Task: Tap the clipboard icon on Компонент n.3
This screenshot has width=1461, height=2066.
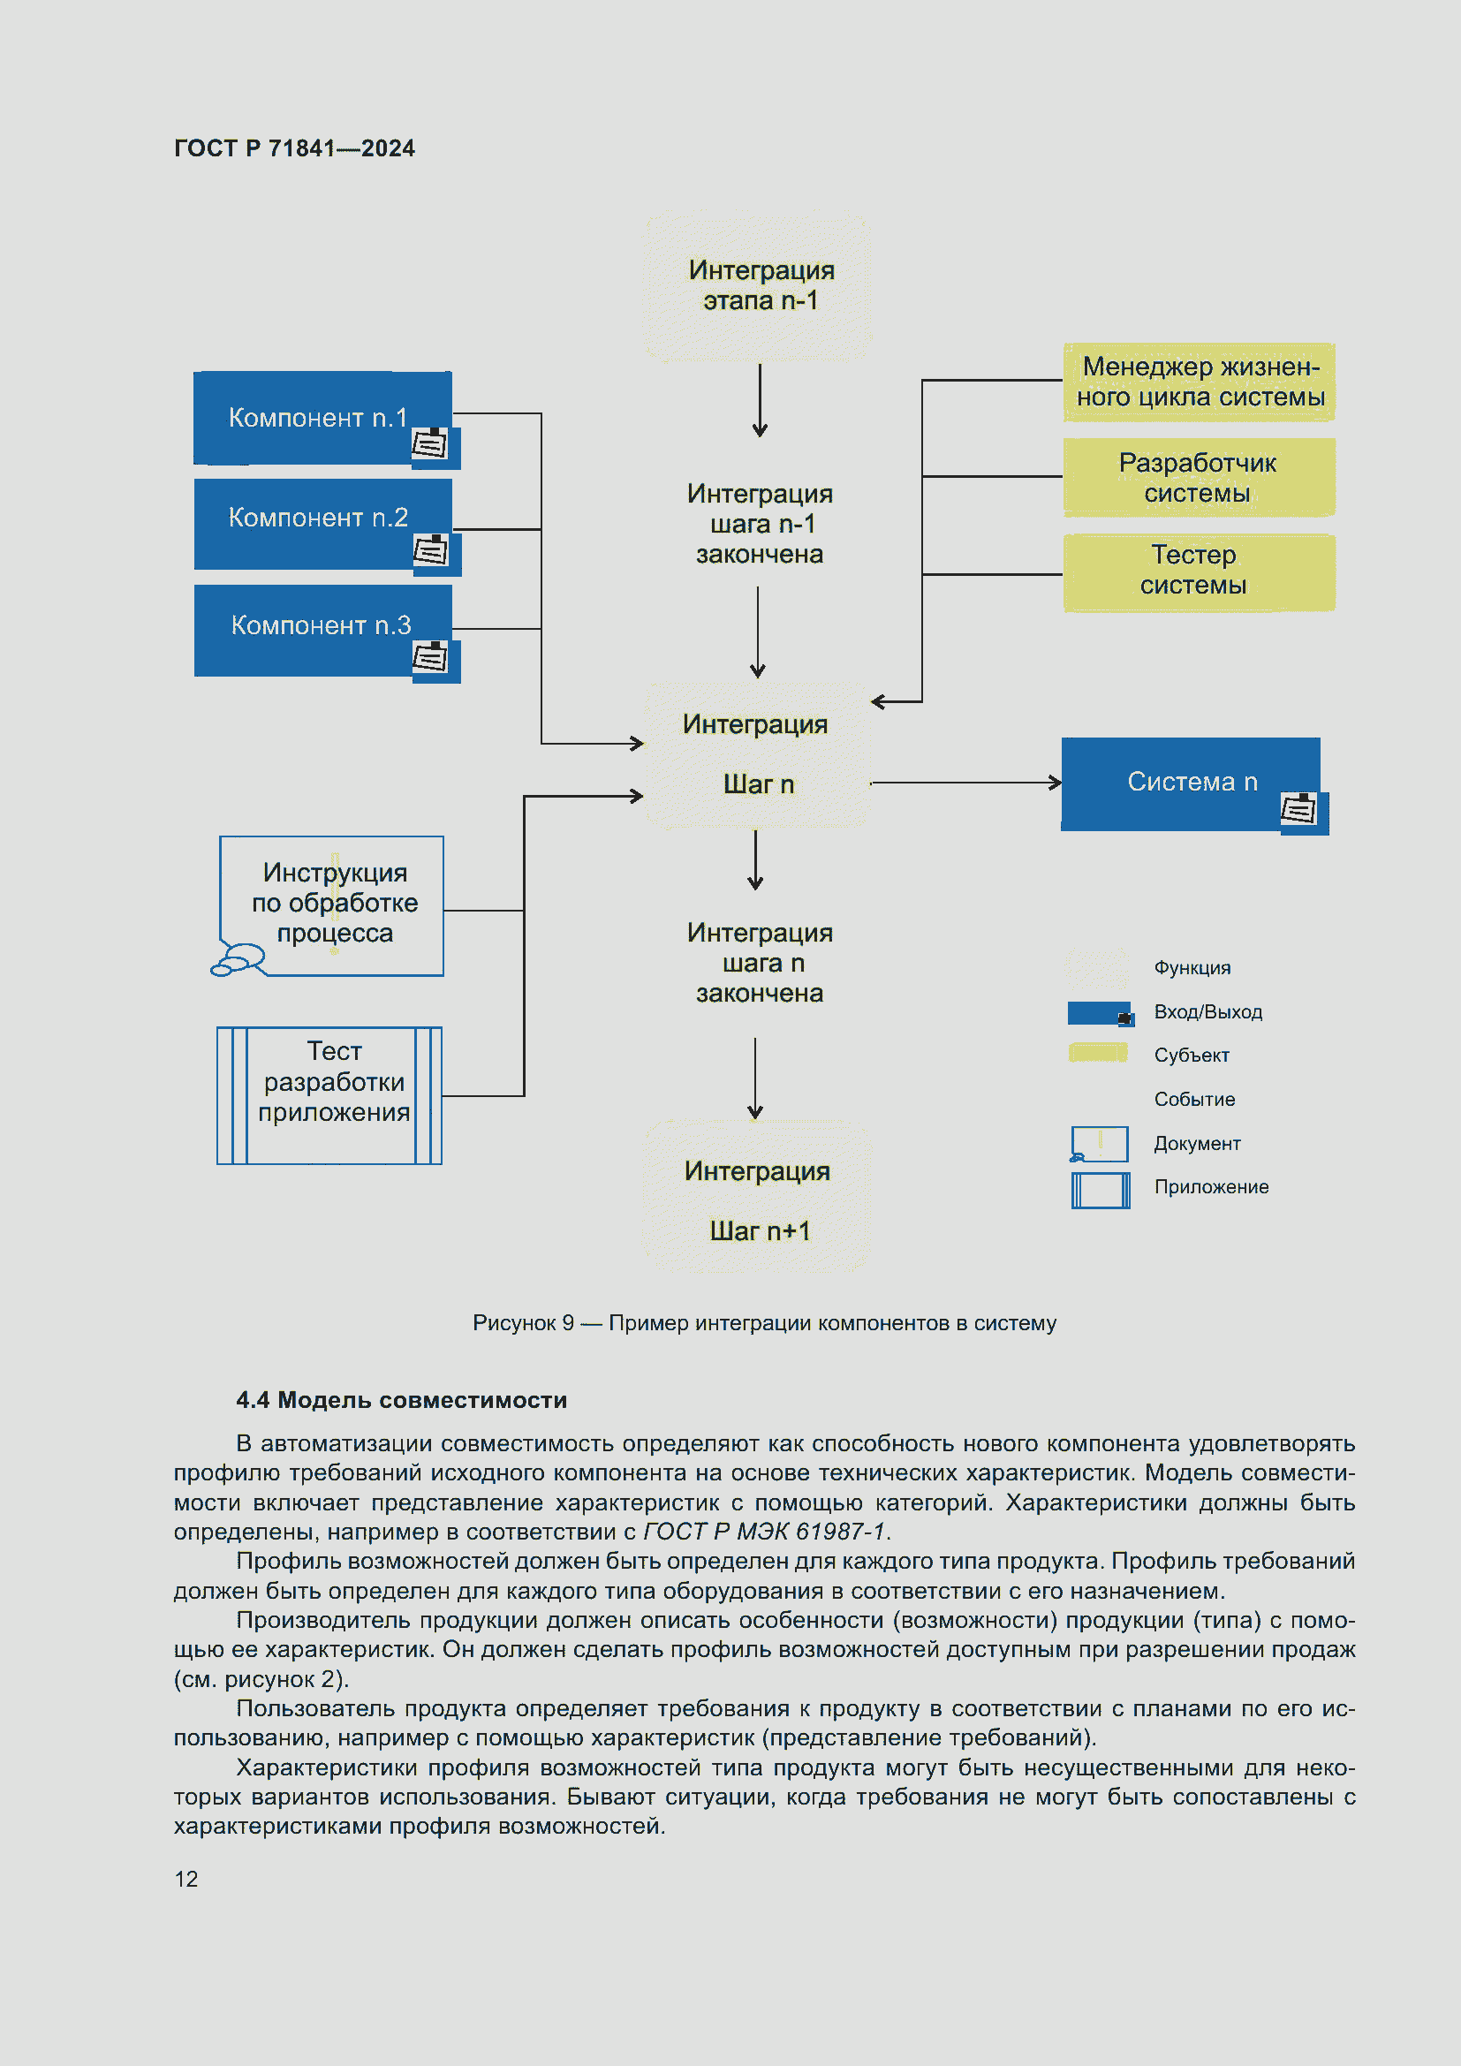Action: click(430, 659)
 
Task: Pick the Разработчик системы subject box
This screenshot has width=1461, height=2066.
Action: click(1198, 477)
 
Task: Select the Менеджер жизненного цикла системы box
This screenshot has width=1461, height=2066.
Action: click(1198, 382)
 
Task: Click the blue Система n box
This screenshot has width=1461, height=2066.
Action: click(1189, 783)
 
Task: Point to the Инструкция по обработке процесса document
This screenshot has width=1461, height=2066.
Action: click(334, 904)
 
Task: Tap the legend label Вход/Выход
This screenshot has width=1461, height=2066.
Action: click(1207, 1012)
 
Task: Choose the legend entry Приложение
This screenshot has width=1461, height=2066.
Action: click(1210, 1187)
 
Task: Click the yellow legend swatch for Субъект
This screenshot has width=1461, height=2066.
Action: click(1098, 1053)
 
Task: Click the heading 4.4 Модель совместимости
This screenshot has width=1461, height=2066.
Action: click(401, 1400)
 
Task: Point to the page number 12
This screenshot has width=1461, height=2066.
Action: click(186, 1879)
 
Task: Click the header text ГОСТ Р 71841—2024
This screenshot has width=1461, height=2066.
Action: click(294, 148)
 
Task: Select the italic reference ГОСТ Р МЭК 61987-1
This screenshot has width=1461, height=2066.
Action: click(766, 1532)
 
